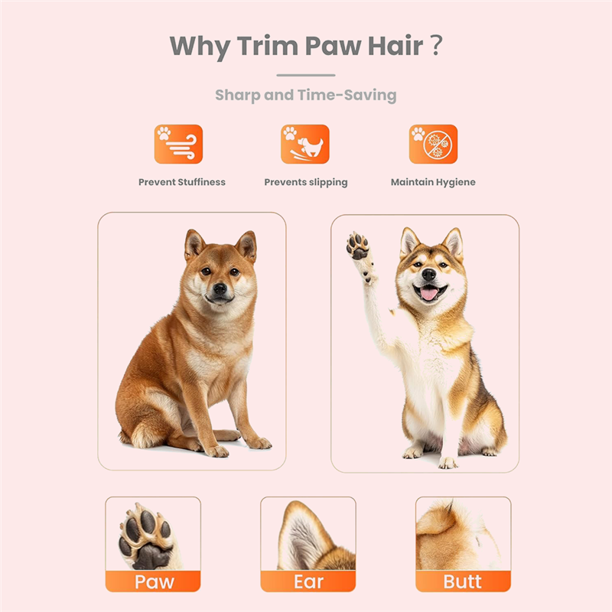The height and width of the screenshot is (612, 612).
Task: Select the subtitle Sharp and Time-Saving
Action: click(306, 96)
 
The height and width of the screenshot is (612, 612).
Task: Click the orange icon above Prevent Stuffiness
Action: click(178, 144)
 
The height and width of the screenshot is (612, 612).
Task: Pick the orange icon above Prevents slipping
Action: click(305, 144)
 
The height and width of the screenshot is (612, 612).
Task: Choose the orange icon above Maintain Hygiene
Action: click(433, 144)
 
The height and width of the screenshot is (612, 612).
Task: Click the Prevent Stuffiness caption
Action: click(182, 182)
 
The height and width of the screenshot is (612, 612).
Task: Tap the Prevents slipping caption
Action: click(306, 182)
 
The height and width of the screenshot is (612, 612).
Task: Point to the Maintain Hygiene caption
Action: click(433, 182)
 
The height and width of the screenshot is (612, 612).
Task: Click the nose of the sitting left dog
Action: click(220, 288)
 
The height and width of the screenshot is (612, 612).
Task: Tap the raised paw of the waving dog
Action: click(357, 246)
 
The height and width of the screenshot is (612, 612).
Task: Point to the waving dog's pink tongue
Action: click(429, 294)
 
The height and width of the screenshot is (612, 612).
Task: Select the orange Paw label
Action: click(153, 581)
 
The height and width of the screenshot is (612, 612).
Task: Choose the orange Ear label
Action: click(308, 581)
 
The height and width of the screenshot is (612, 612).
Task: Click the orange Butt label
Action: click(463, 581)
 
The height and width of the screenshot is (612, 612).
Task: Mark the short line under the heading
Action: click(306, 75)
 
